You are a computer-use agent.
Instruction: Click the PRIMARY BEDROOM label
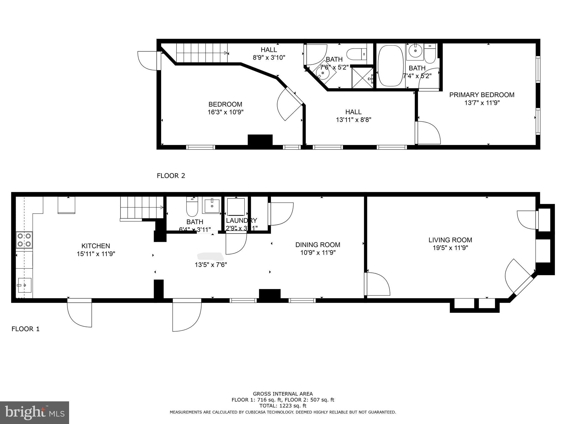point(482,95)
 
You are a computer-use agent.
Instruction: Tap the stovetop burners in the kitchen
point(24,240)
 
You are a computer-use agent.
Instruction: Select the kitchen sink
point(24,285)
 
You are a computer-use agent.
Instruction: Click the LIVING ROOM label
point(450,240)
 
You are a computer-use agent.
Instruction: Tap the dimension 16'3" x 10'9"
point(226,112)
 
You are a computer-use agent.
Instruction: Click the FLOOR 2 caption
point(171,176)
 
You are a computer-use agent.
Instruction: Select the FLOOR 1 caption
point(25,329)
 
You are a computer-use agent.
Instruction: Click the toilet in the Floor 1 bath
point(192,207)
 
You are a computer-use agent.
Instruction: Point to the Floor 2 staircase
point(202,53)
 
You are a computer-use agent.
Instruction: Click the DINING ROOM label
point(318,245)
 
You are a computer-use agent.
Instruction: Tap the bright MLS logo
point(34,412)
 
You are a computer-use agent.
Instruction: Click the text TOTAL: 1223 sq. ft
point(283,406)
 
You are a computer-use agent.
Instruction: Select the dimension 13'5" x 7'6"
point(211,265)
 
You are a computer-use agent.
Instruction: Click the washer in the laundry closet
point(236,207)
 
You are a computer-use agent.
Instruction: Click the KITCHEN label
point(96,246)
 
